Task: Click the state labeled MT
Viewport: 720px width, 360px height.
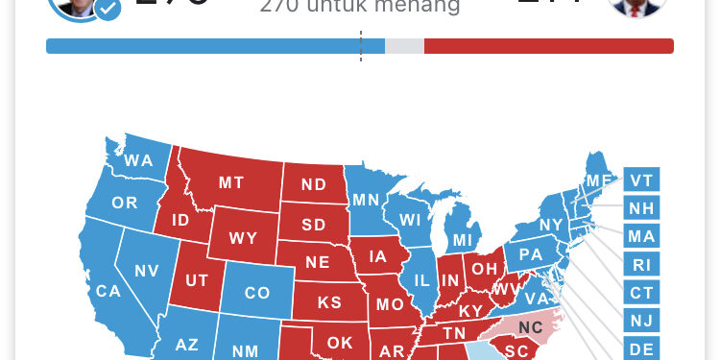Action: pos(231,182)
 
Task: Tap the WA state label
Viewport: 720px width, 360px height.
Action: pos(138,160)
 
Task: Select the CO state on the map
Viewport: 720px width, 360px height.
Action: pos(256,293)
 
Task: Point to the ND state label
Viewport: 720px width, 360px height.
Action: pos(314,184)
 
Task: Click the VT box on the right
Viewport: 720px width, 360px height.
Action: pos(641,180)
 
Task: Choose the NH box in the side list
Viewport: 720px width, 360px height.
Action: pos(641,207)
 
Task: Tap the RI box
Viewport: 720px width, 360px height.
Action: pos(641,264)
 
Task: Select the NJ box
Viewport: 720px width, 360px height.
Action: pos(641,320)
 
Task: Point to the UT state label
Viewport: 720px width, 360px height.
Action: pos(196,280)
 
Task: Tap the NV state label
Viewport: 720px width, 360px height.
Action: pos(146,271)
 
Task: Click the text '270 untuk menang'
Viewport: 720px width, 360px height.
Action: pos(360,9)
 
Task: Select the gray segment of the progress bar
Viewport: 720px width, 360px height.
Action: pos(404,46)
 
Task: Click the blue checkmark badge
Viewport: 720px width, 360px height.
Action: pos(108,10)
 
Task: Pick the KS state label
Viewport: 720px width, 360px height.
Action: pos(329,302)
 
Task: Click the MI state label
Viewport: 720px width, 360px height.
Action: pos(463,239)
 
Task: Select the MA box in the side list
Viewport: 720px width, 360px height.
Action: pos(641,235)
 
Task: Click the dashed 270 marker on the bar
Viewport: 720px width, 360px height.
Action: pos(361,46)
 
